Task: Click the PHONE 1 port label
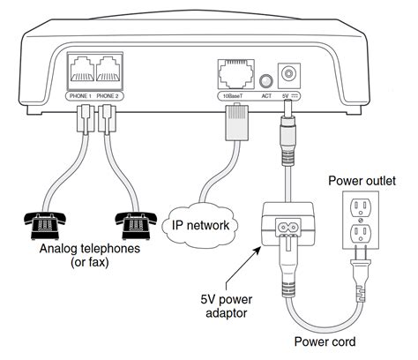80,96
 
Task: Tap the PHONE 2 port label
108,96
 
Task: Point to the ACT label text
266,96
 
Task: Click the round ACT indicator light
266,80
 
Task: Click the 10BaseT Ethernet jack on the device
235,74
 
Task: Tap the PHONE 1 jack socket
81,71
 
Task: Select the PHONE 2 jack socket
108,71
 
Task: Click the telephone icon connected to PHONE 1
45,225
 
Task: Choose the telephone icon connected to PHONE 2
136,225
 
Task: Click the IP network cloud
200,225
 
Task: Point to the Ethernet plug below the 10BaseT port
237,122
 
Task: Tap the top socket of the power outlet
361,206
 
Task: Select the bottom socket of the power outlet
361,233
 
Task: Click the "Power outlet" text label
362,181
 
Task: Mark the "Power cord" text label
325,341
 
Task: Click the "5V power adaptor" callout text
227,306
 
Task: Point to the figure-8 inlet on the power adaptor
287,227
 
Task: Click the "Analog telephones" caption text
90,249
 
